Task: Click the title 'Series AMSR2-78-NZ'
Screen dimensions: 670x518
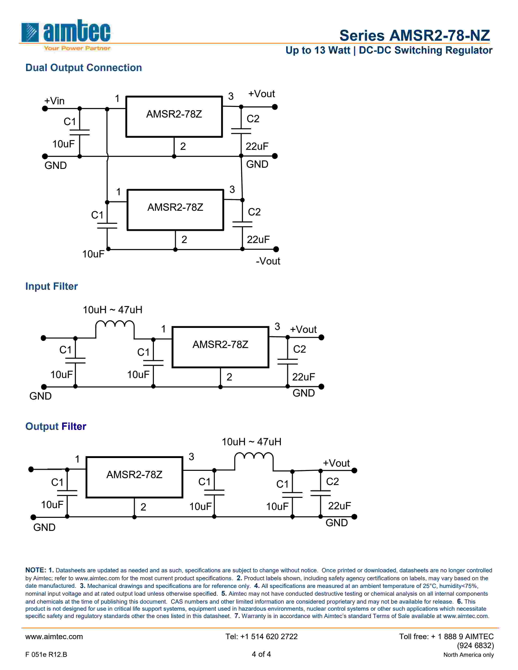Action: [x=414, y=36]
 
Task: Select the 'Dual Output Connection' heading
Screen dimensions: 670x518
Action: [x=83, y=68]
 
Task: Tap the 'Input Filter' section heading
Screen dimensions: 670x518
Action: [x=52, y=286]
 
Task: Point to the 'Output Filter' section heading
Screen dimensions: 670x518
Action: [x=56, y=426]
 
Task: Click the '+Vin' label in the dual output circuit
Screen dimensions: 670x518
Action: [x=54, y=101]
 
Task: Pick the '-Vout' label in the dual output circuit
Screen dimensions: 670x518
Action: [x=268, y=261]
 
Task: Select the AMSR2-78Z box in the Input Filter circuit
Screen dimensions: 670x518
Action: [x=220, y=347]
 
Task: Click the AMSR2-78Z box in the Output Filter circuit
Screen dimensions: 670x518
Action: [x=134, y=477]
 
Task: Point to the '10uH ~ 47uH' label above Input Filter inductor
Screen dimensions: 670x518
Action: [x=113, y=310]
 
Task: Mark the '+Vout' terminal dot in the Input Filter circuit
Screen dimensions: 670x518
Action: [x=321, y=337]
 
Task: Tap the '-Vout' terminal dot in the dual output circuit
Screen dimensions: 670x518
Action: [x=276, y=249]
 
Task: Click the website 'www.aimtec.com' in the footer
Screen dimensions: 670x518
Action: [x=54, y=636]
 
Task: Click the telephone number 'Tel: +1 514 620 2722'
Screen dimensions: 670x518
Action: [x=261, y=636]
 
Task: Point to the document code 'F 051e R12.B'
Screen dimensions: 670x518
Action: [x=46, y=654]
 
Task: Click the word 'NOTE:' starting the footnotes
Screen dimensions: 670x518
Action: [x=36, y=570]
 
